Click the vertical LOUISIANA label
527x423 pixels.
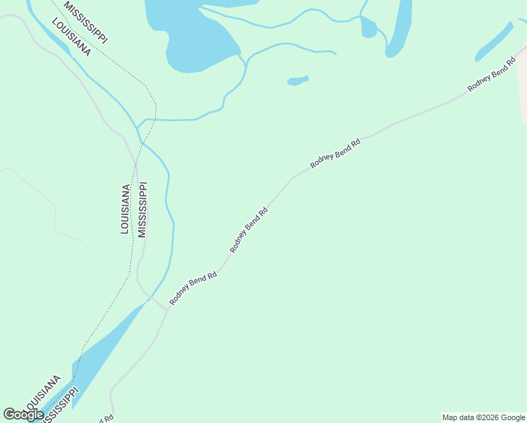pos(125,209)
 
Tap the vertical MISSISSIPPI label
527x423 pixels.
pos(142,210)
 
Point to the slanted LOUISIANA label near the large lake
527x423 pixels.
pos(71,37)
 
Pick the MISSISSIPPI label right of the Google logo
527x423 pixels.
pos(56,410)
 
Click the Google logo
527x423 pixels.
pos(23,415)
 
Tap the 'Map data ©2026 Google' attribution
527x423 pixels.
pos(483,417)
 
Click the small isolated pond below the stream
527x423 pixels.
pos(298,80)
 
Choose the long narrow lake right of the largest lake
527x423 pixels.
pos(399,28)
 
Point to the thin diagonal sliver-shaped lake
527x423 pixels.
pos(495,42)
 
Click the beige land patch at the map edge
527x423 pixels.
pos(523,85)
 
